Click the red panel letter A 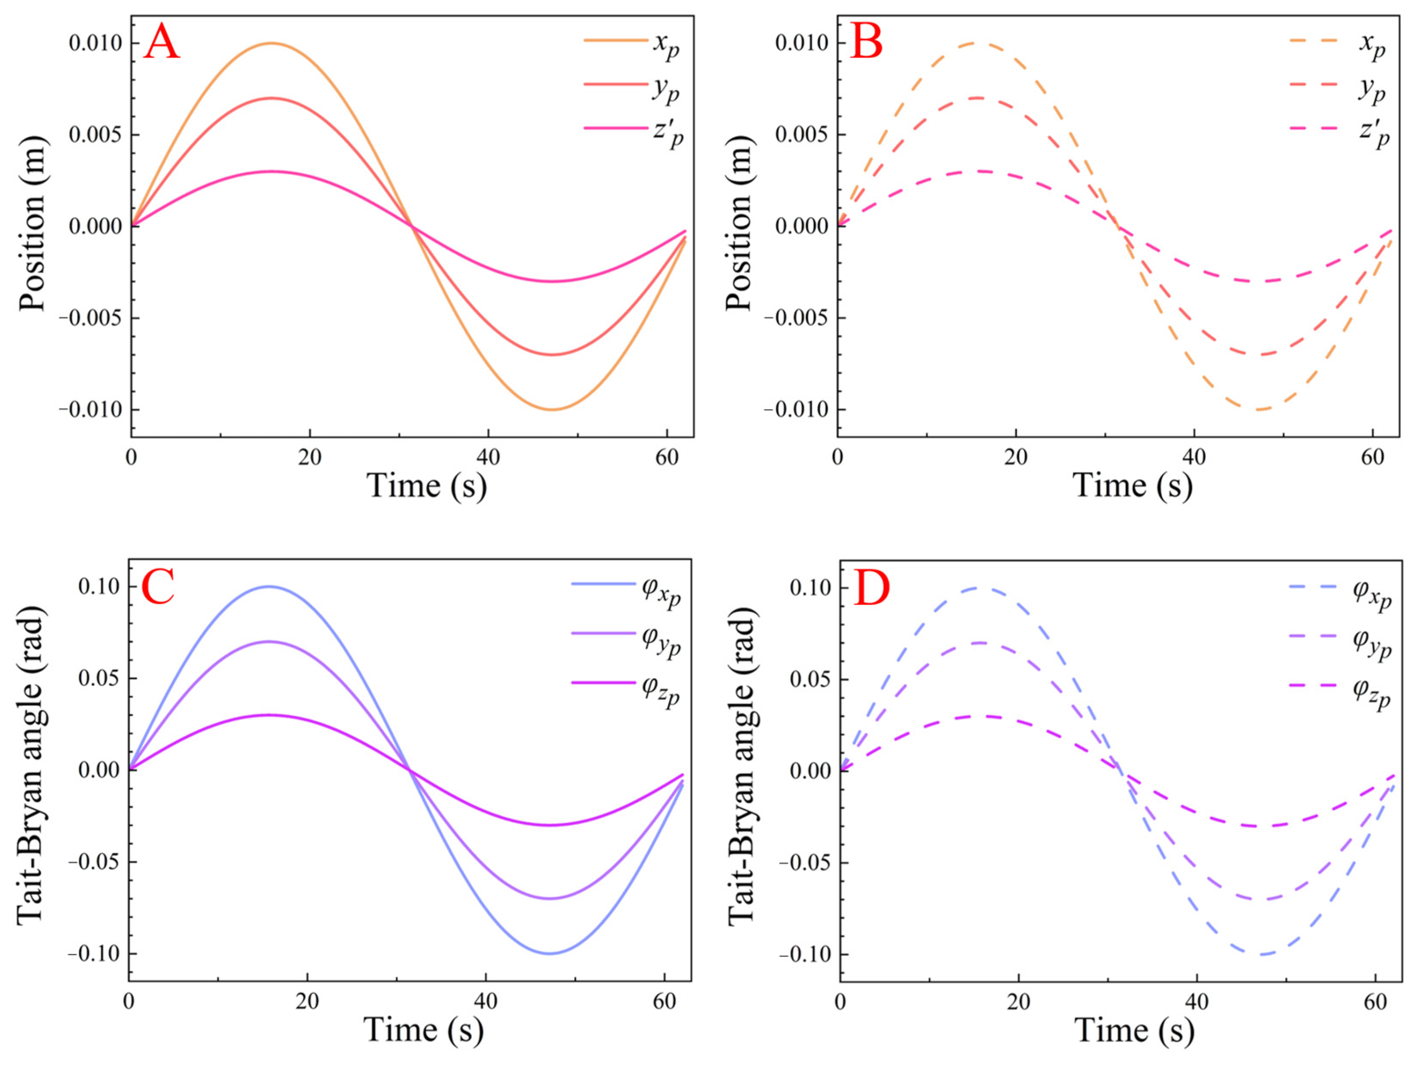pos(162,42)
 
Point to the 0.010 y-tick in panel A pos(95,43)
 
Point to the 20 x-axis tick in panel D pos(1018,1001)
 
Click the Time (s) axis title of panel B pos(1132,485)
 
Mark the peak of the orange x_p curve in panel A pos(272,43)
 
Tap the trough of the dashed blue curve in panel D pos(1261,954)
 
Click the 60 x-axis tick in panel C pos(664,1001)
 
